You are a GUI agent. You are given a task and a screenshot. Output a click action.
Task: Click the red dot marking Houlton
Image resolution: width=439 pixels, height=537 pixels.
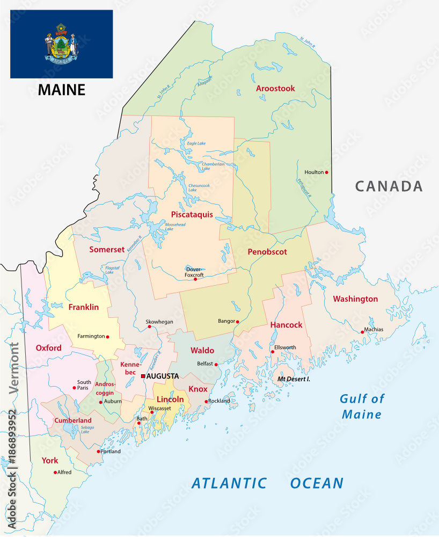[326, 172]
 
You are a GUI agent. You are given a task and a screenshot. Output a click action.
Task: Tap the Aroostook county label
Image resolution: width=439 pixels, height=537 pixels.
[275, 89]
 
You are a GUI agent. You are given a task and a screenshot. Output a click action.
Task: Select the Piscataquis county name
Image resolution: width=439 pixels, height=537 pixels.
[192, 214]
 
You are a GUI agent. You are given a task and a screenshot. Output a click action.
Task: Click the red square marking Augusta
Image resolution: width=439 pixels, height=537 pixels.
[143, 376]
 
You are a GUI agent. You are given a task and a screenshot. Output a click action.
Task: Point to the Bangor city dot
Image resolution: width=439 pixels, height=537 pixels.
[238, 322]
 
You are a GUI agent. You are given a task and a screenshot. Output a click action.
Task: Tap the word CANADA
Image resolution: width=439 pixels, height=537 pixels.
[389, 186]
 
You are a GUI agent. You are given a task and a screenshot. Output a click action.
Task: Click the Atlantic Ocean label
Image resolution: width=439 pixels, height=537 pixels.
[267, 483]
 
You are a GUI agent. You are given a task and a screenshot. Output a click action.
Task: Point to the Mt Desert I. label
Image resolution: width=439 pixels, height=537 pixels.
[294, 379]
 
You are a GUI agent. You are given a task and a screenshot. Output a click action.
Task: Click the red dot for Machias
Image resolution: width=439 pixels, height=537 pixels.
[362, 332]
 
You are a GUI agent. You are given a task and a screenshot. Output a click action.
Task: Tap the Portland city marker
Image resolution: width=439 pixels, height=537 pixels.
[98, 451]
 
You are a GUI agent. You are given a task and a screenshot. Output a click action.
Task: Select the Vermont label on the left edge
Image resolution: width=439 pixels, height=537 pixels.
[13, 369]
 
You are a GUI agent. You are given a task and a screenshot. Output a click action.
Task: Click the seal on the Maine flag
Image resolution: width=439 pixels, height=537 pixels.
[61, 44]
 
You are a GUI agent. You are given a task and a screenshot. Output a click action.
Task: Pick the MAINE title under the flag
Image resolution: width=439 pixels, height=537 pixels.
[61, 90]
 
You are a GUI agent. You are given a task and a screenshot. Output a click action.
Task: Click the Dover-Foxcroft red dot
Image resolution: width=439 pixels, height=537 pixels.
[195, 279]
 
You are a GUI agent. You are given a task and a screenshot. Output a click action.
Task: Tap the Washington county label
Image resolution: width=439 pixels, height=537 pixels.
[355, 299]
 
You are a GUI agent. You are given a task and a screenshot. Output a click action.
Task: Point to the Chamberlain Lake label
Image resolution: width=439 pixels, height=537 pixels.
[213, 166]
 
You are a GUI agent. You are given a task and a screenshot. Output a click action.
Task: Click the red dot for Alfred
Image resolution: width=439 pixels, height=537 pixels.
[55, 473]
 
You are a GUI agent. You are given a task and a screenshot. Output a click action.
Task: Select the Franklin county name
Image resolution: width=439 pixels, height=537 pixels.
[83, 307]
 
